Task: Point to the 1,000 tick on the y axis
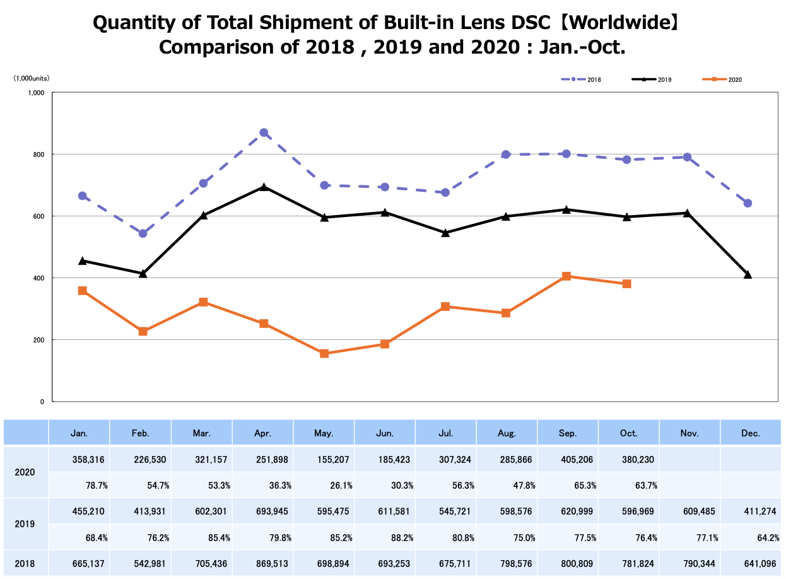[36, 93]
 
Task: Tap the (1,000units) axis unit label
[32, 79]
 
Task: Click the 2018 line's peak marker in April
[264, 133]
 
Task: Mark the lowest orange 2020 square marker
[324, 354]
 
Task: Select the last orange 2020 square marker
[626, 284]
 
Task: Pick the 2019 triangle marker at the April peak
[264, 187]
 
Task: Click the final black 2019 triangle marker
[748, 274]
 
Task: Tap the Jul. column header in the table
[445, 433]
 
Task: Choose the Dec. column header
[751, 433]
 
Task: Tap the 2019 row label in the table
[25, 524]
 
